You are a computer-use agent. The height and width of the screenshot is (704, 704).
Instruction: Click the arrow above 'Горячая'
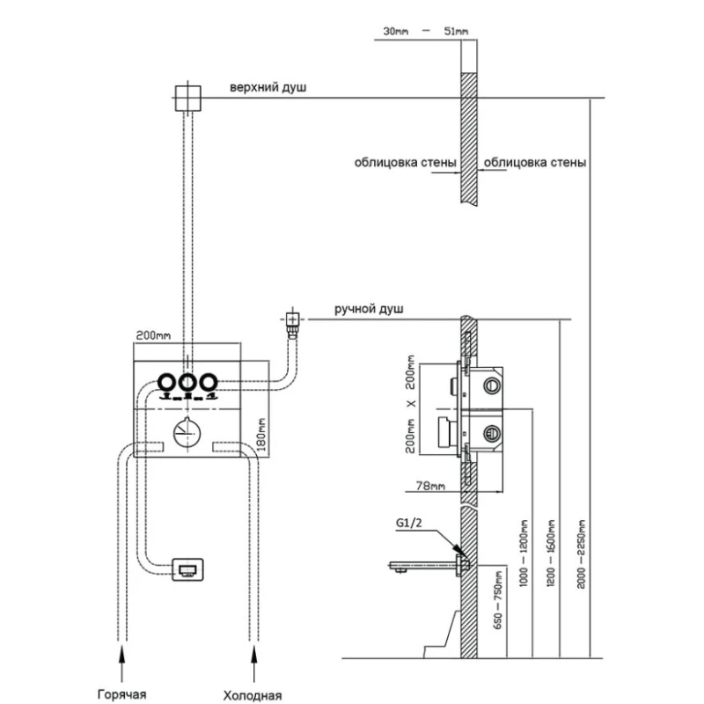(x=123, y=656)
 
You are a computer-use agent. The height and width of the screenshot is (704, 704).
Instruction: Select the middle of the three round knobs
(x=187, y=383)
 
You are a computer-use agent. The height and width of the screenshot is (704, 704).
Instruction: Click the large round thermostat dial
(x=186, y=434)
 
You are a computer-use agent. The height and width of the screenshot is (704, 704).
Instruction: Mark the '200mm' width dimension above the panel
(x=152, y=336)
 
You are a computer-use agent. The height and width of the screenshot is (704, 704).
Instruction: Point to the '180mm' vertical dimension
(x=261, y=428)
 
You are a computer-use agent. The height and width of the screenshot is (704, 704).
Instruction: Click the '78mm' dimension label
(x=430, y=486)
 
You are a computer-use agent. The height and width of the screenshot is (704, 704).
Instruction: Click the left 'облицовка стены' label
(x=406, y=163)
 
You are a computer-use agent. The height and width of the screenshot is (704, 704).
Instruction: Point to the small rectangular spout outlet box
(x=187, y=569)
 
